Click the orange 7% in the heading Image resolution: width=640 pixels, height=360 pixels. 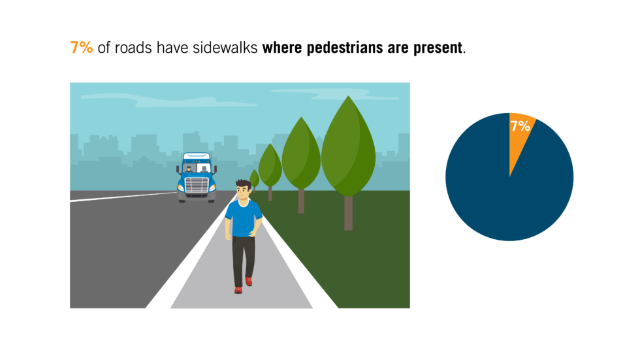82,48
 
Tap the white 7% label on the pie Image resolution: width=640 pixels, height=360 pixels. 520,126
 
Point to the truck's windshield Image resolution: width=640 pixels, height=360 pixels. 196,169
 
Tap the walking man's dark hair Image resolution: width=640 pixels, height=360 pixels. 242,184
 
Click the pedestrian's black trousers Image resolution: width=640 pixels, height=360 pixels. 243,258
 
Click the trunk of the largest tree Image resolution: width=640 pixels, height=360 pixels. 348,212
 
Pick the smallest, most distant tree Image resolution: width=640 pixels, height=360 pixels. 254,178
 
